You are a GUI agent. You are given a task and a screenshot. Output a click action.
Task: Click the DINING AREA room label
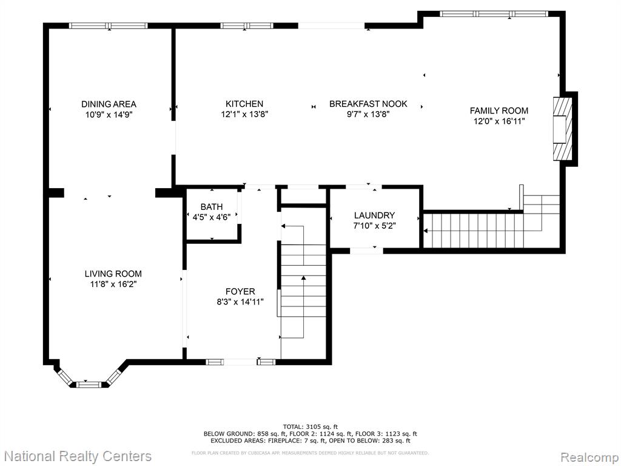pos(109,104)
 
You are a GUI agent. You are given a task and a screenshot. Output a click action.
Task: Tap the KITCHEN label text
pos(244,104)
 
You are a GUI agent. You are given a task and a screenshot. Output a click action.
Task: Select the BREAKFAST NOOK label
pos(368,104)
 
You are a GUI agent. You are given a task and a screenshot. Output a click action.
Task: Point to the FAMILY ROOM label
pos(499,110)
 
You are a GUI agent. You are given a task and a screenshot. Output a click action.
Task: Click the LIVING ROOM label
pos(113,274)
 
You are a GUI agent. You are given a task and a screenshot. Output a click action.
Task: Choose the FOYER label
pos(240,292)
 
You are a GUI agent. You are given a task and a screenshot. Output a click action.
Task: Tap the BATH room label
pos(212,207)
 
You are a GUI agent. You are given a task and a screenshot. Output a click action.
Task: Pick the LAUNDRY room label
pos(374,215)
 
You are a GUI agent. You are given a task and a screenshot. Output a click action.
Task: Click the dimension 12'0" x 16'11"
pos(499,121)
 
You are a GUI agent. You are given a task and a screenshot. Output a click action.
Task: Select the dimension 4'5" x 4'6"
pos(212,217)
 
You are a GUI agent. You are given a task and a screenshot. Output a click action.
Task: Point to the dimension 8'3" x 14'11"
pos(240,302)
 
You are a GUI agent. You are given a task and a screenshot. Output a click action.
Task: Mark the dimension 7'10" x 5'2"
pos(374,226)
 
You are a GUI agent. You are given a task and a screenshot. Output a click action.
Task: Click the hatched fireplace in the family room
pos(562,129)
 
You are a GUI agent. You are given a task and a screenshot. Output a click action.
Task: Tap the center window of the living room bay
pos(89,384)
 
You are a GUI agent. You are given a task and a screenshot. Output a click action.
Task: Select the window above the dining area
pos(108,25)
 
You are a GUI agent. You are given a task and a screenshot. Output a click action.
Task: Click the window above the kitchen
pos(247,25)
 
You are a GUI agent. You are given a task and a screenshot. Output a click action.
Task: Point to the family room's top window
pos(494,14)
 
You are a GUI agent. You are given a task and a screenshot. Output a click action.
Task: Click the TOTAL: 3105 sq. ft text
pos(310,427)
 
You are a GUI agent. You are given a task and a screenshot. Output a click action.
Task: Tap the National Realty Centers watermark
pos(78,456)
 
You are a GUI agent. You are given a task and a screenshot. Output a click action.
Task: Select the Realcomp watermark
pos(588,457)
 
